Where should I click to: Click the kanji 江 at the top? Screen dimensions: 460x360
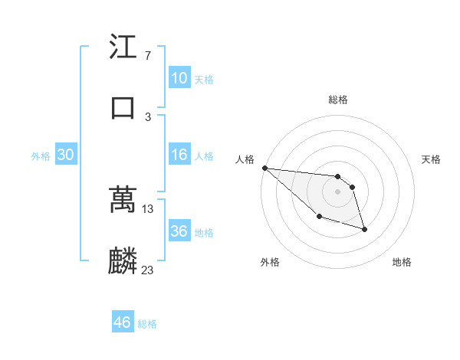(x=123, y=47)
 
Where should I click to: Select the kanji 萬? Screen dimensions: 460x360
(x=123, y=199)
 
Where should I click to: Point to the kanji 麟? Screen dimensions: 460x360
(x=123, y=260)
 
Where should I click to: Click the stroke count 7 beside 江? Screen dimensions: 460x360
(x=147, y=56)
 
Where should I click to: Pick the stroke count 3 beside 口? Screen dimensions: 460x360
(x=147, y=116)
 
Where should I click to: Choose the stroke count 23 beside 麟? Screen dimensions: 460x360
(x=148, y=270)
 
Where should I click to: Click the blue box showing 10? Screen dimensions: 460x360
(x=179, y=78)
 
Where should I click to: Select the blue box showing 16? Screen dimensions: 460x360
(x=179, y=155)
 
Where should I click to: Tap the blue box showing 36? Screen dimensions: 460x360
(x=179, y=231)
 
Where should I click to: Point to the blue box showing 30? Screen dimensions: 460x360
(x=66, y=155)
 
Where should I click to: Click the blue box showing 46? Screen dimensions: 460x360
(x=123, y=322)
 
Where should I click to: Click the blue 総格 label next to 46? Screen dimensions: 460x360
(x=147, y=324)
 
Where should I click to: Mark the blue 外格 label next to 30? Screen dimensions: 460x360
(x=41, y=156)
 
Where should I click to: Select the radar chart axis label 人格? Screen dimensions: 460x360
(x=245, y=159)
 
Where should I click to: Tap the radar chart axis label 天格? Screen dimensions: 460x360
(x=432, y=159)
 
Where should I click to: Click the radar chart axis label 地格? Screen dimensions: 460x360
(x=402, y=263)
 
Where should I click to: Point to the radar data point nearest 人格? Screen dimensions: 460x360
(x=264, y=167)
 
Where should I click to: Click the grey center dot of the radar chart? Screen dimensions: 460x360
(x=337, y=191)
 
